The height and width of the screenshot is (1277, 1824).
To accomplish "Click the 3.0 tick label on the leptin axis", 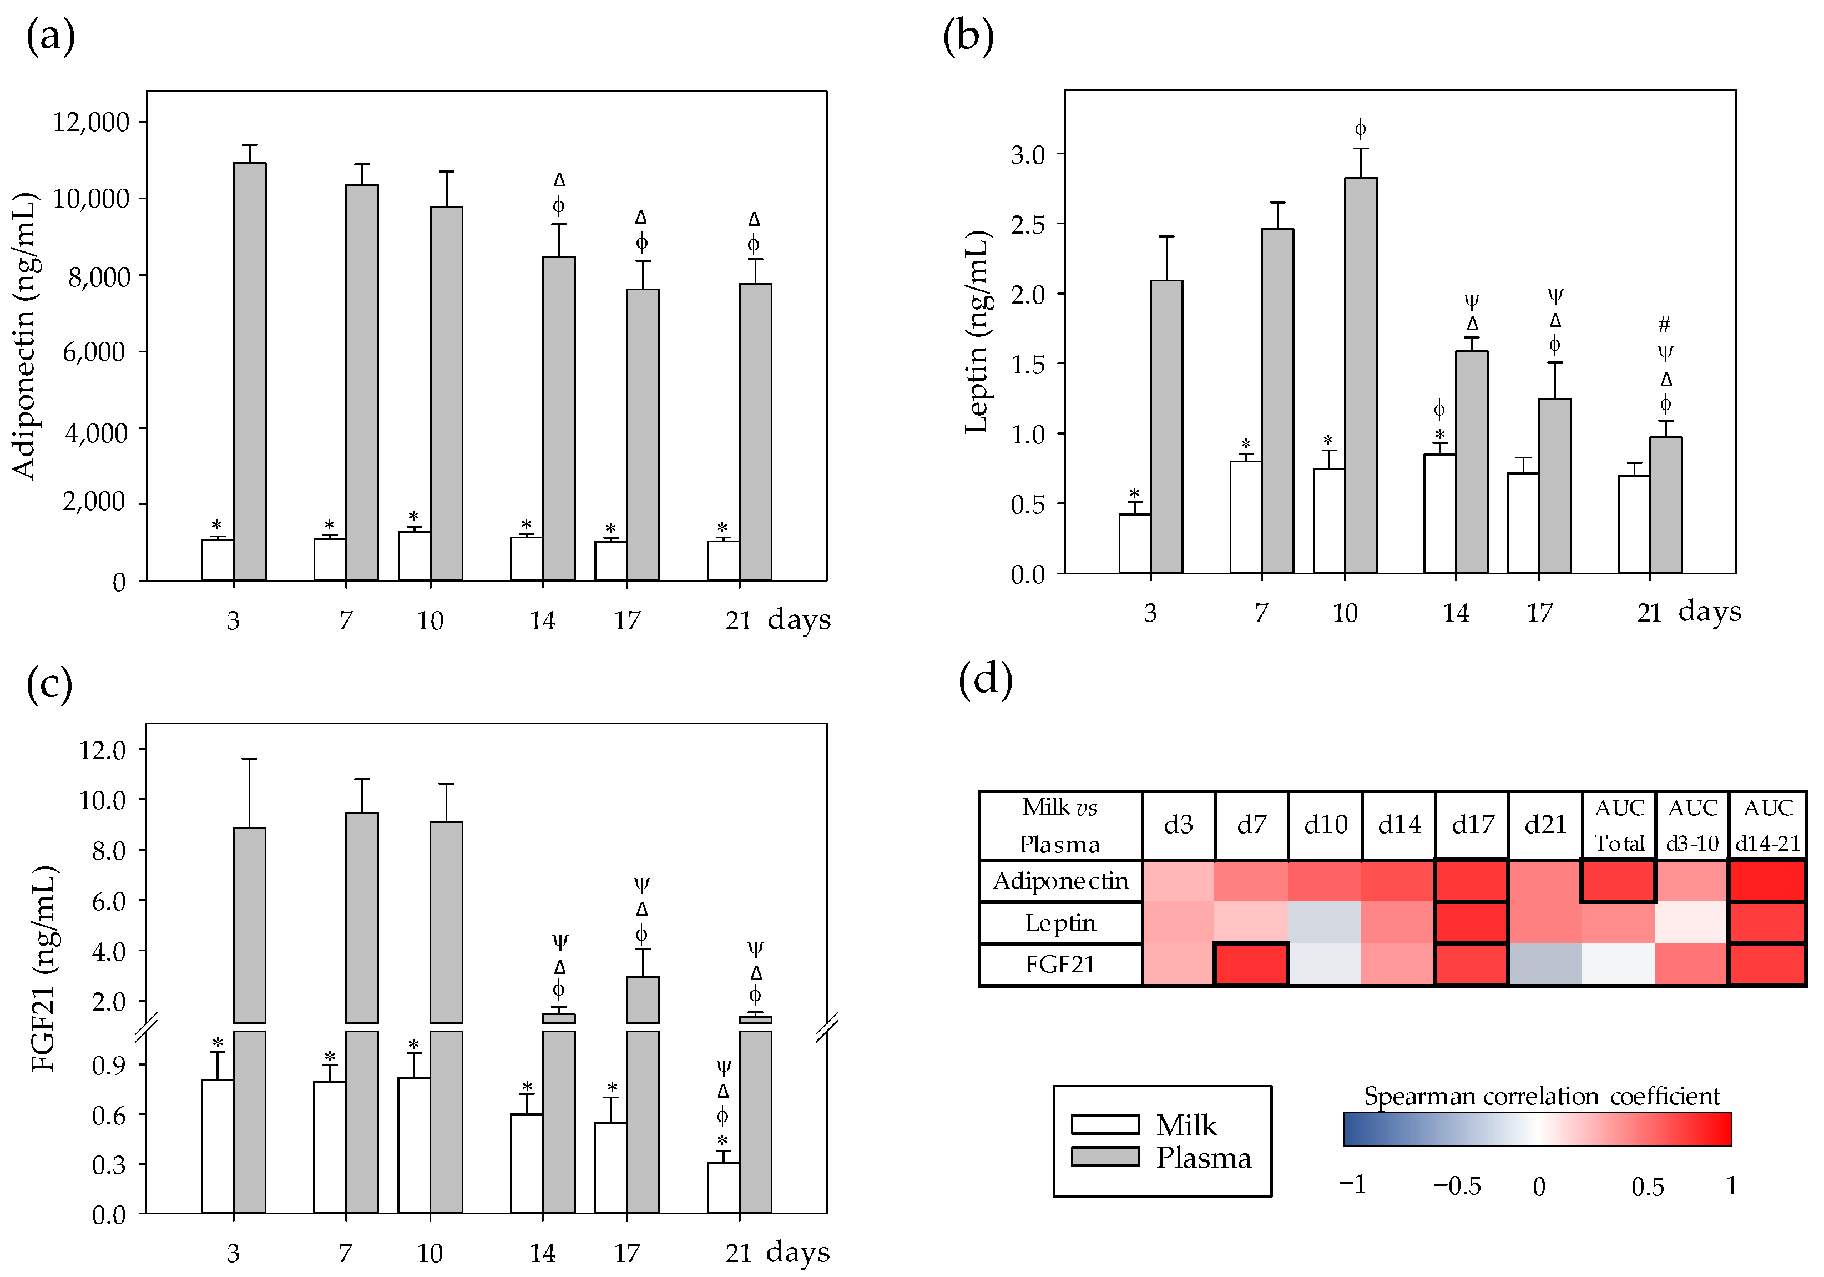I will pyautogui.click(x=1027, y=154).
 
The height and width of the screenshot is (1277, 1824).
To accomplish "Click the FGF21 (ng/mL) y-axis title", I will pyautogui.click(x=44, y=968).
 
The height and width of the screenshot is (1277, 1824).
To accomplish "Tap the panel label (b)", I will pyautogui.click(x=968, y=36).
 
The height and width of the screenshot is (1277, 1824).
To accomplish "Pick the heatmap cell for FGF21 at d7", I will pyautogui.click(x=1251, y=964).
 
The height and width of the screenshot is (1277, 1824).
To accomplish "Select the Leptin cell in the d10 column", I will pyautogui.click(x=1325, y=922).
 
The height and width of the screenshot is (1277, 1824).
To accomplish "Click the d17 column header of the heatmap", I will pyautogui.click(x=1472, y=824).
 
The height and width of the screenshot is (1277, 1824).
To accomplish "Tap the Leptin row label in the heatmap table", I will pyautogui.click(x=1060, y=922).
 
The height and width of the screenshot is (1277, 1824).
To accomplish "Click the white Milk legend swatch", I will pyautogui.click(x=1104, y=1124).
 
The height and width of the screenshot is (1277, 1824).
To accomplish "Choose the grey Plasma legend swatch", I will pyautogui.click(x=1104, y=1156).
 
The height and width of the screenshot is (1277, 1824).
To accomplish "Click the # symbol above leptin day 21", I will pyautogui.click(x=1664, y=324).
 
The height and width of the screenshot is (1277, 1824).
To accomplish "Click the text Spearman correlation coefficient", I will pyautogui.click(x=1541, y=1096).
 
